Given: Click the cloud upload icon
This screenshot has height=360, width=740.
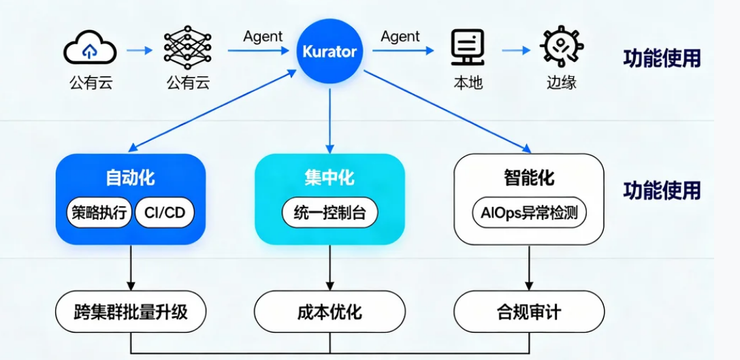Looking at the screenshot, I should tap(90, 49).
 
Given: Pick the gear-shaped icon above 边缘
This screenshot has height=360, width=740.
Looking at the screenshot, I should tap(562, 48).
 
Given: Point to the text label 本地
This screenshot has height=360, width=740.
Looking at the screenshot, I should tap(468, 83).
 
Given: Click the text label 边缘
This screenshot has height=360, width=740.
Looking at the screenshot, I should tap(562, 83).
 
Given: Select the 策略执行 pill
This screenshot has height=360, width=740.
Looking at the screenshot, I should tap(99, 213).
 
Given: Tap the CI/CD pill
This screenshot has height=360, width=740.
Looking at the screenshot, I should tap(165, 213).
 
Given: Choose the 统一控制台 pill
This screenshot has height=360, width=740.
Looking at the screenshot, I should tap(329, 213).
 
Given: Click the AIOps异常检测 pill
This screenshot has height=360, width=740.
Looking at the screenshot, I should tap(529, 213).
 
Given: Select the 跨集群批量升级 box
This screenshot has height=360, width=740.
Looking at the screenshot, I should tap(130, 312).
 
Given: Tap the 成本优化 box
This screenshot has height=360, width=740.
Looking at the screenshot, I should tap(329, 312).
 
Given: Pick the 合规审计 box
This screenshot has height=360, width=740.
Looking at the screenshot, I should tap(529, 312).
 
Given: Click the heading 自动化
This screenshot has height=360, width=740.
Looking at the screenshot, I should tap(130, 178).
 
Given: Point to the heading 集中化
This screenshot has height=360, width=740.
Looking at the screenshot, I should tap(329, 178).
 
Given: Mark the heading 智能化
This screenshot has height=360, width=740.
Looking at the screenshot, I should tap(529, 178).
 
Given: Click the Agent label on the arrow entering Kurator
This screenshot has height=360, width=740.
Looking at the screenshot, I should tap(263, 37).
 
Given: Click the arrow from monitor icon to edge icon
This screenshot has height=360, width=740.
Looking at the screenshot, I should tap(516, 50).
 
